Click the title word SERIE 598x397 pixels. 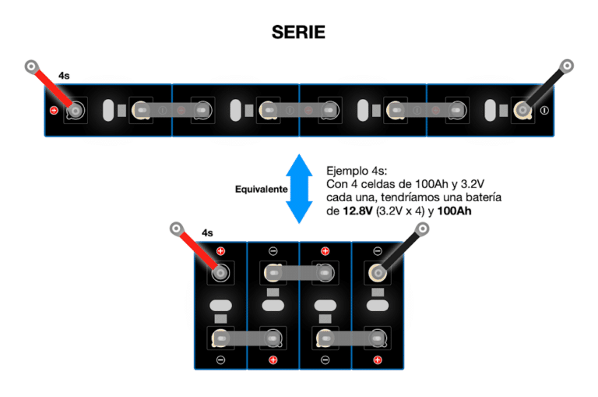click(x=298, y=32)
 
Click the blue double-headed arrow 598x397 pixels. click(x=298, y=189)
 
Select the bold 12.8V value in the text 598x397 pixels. click(x=359, y=211)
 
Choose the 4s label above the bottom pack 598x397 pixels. click(x=207, y=232)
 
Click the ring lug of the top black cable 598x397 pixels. click(x=567, y=66)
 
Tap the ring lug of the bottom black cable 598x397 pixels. click(x=423, y=229)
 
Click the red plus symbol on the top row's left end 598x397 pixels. click(x=54, y=110)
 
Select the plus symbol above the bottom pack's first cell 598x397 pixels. click(x=220, y=251)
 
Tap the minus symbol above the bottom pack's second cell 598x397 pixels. click(x=273, y=251)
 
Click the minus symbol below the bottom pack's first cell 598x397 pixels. click(x=220, y=360)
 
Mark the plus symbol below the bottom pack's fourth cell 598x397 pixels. click(x=378, y=360)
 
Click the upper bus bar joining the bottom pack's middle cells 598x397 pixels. click(x=299, y=272)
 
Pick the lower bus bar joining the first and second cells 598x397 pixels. click(x=246, y=338)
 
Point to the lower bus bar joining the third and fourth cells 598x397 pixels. click(x=351, y=338)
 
